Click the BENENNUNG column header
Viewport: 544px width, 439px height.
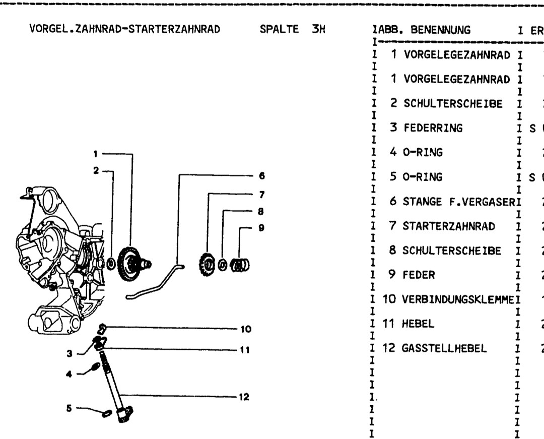(441, 30)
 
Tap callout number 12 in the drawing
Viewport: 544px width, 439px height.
(244, 397)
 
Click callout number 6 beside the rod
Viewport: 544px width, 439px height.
(261, 176)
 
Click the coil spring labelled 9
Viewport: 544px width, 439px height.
(240, 264)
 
